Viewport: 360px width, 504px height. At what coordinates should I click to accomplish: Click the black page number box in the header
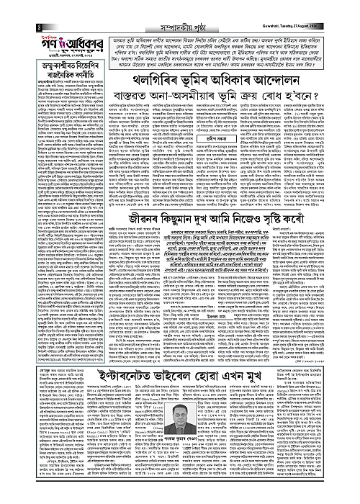pos(17,7)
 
